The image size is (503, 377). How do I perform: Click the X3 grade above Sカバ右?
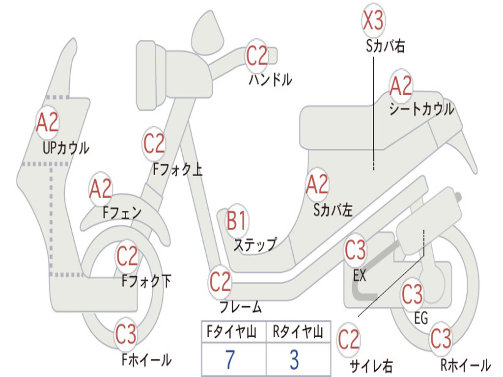tap(373, 20)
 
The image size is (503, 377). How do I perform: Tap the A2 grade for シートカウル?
tap(401, 85)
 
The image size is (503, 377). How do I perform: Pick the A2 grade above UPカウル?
tap(48, 122)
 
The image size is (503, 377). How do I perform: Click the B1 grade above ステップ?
tap(236, 220)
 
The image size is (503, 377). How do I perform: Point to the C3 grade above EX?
tap(355, 250)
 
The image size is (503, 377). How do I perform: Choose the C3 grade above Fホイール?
tap(126, 334)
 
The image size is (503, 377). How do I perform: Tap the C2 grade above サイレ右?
tap(349, 340)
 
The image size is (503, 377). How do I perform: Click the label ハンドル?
tap(271, 79)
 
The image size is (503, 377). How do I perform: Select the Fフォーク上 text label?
tap(178, 169)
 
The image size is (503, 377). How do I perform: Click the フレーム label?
tap(241, 307)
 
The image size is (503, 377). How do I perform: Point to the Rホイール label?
tap(466, 365)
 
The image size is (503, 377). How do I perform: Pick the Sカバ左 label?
tap(333, 210)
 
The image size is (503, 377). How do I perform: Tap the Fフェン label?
tap(122, 212)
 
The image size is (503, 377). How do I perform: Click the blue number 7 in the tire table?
tap(230, 359)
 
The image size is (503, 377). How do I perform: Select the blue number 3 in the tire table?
tap(295, 359)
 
